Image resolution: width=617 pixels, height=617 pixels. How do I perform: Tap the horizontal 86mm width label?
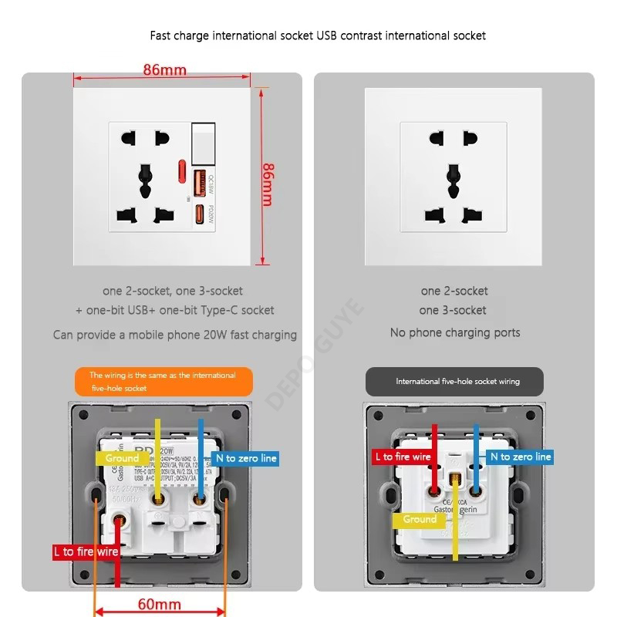click(x=164, y=70)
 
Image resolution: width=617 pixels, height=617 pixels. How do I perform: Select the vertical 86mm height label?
click(x=268, y=184)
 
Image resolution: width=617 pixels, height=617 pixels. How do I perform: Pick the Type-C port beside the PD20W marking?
click(x=198, y=213)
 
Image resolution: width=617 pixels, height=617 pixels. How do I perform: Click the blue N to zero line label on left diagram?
click(x=246, y=458)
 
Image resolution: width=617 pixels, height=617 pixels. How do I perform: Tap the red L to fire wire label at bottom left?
click(x=86, y=551)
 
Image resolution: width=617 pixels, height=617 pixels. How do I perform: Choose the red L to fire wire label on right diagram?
click(x=403, y=457)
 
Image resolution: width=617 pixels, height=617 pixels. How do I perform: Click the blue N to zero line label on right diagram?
click(x=521, y=457)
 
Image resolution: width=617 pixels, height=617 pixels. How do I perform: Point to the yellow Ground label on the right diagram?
click(x=420, y=519)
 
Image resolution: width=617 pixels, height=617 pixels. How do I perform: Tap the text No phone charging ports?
click(x=455, y=332)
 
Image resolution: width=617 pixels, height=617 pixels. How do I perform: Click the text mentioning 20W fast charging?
click(x=175, y=335)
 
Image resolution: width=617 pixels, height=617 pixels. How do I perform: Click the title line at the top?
click(x=318, y=35)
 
